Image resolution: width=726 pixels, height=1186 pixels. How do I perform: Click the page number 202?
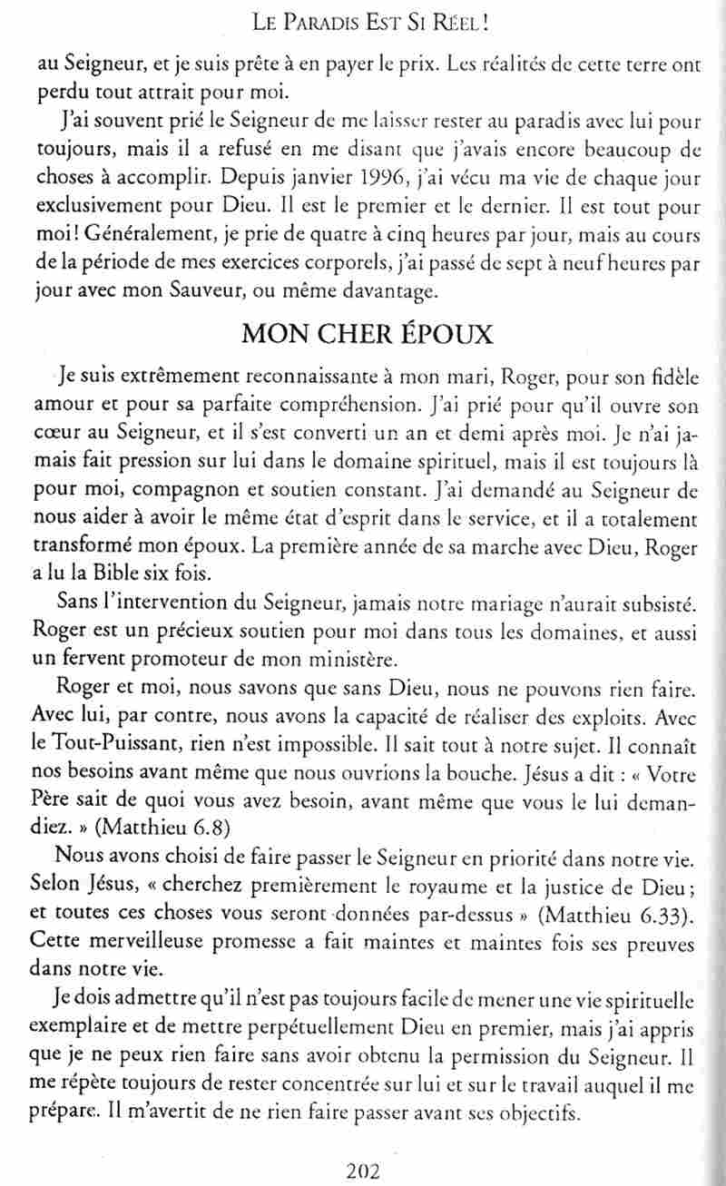point(363,1170)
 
